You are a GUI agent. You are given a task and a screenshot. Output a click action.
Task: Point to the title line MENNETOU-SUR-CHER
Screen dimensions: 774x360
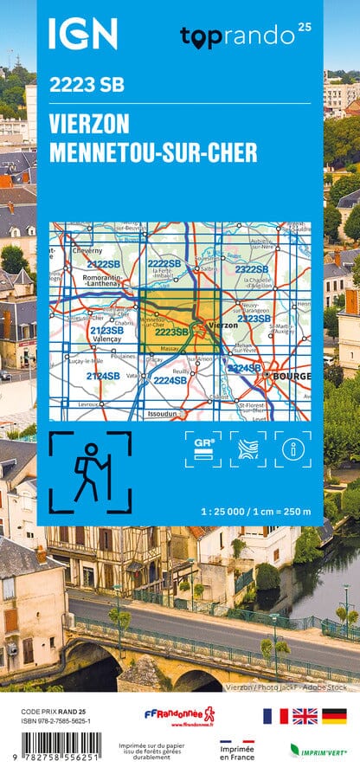(x=153, y=152)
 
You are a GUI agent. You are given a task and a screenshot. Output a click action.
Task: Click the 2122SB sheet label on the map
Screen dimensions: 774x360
(x=103, y=264)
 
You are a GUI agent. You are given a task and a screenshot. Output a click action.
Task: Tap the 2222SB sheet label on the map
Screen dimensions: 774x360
(x=164, y=263)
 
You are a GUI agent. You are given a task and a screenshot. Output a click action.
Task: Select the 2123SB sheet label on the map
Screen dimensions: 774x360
(x=106, y=331)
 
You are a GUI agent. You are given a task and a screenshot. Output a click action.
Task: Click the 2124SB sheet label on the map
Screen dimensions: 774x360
(x=103, y=376)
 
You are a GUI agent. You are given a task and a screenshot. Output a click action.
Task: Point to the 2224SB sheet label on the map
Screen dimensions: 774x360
(x=170, y=380)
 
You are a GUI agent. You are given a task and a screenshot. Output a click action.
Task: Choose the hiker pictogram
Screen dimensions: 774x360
(x=90, y=473)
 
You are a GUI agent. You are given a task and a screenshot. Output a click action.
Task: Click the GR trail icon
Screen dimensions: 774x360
(x=202, y=449)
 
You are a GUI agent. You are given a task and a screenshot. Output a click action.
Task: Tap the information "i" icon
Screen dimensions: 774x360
(x=292, y=449)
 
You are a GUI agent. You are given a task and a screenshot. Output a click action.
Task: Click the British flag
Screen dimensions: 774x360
(x=305, y=715)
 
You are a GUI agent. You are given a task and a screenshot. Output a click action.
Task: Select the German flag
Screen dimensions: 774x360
(x=334, y=715)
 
